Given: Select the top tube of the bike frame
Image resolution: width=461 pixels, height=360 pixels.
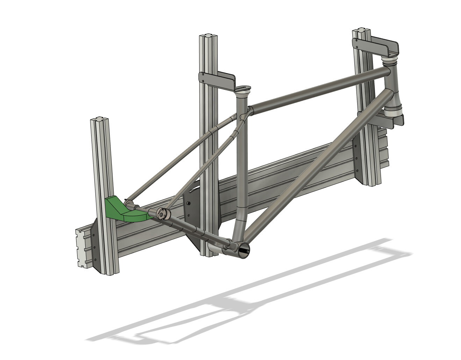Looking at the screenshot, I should click(315, 89).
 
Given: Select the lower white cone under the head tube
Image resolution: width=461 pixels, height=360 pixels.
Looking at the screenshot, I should click(395, 111).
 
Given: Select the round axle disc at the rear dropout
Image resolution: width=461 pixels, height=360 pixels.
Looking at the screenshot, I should click(163, 213).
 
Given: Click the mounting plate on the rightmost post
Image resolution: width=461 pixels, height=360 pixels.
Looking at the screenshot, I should click(358, 161).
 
